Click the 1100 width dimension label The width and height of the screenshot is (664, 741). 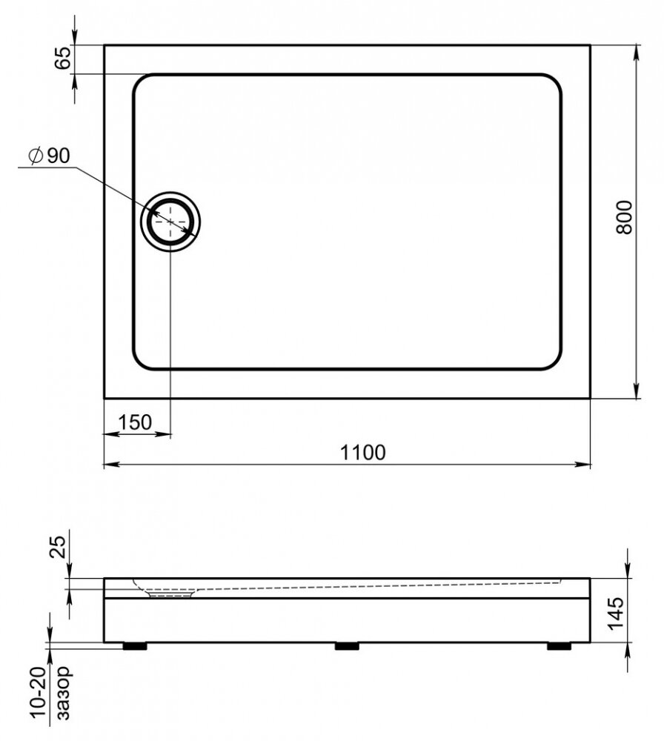click(362, 452)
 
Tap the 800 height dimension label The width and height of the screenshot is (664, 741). click(624, 217)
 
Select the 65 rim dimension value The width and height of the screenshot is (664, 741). click(62, 58)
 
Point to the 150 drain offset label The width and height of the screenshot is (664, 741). click(135, 422)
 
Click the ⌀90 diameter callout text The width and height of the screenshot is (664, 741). click(49, 156)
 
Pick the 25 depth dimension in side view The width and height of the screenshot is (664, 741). click(58, 547)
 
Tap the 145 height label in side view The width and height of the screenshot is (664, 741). click(616, 614)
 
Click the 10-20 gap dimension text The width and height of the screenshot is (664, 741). click(39, 692)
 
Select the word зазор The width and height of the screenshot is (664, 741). click(62, 692)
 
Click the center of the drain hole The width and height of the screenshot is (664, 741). click(170, 221)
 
